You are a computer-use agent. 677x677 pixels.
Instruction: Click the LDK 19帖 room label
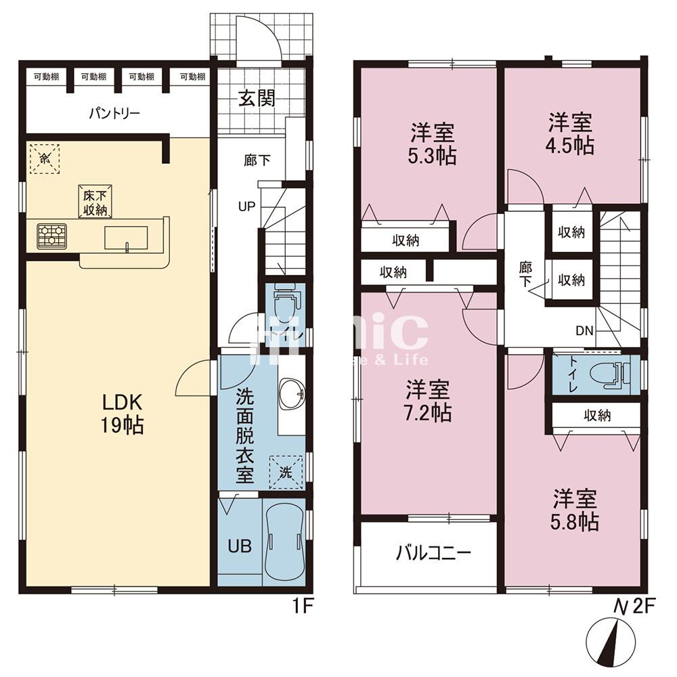tap(123, 414)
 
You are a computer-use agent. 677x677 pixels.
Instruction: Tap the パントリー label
tap(114, 113)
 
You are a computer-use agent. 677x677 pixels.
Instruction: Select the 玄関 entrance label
tap(256, 99)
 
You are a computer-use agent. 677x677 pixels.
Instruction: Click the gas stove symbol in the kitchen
tap(51, 236)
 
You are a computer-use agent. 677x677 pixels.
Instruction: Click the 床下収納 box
tap(95, 202)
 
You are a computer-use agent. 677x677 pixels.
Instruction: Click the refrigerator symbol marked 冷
tap(44, 158)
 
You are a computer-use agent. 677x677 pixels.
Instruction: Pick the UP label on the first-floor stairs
tap(246, 206)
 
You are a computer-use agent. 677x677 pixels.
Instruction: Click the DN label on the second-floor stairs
tap(585, 331)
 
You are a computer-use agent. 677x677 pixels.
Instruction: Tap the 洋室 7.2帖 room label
tap(429, 401)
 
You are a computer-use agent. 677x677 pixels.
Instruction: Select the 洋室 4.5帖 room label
tap(571, 134)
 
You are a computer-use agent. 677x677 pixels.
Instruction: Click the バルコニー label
tap(433, 553)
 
